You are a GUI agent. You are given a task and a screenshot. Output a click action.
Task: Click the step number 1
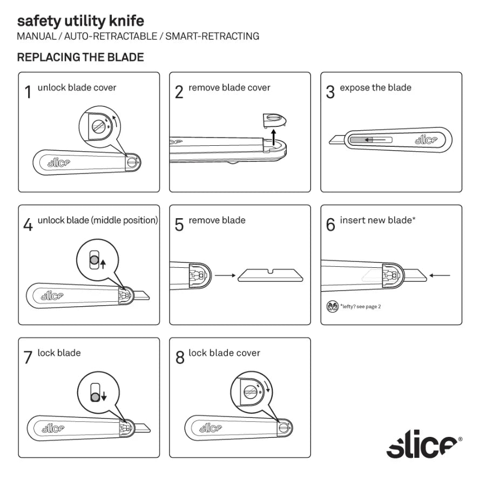(28, 92)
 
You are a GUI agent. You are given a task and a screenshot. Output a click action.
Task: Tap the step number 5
(179, 225)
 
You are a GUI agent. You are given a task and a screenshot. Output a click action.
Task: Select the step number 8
(180, 357)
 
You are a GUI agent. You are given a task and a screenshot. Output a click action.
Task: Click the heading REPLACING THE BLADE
(80, 57)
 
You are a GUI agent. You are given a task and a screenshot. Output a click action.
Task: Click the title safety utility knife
(80, 21)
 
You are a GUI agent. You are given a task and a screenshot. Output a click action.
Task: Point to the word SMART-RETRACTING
(212, 37)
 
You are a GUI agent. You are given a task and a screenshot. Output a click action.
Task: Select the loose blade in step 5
(271, 275)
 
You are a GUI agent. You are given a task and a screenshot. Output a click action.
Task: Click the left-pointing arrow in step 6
(441, 275)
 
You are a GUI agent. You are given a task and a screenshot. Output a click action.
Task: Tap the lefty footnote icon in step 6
(333, 307)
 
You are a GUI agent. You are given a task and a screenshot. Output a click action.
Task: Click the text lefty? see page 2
(361, 307)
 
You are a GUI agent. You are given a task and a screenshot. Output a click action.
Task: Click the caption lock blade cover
(224, 353)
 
